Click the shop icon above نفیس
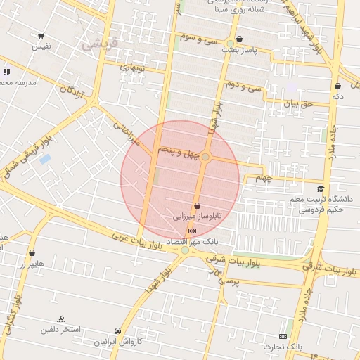41,35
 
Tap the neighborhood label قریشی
96,44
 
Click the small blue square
46,159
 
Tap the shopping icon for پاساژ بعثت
240,39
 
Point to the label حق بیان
296,103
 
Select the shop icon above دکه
337,86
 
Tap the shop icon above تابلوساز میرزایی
196,206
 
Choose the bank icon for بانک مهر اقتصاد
191,230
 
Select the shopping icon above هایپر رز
32,252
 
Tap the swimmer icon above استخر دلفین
61,318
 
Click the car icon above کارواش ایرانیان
118,330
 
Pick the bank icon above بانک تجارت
283,336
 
